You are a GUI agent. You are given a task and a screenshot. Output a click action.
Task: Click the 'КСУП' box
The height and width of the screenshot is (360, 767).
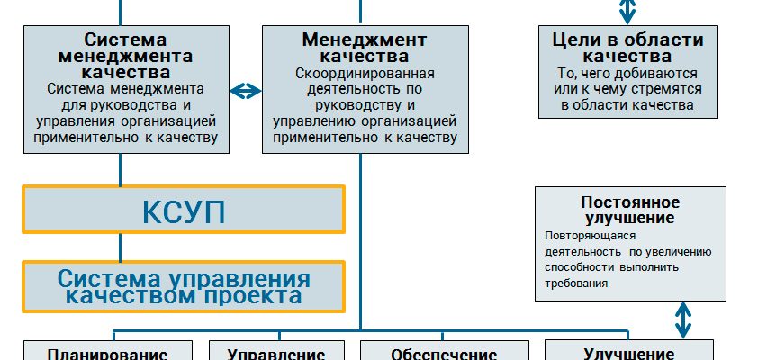pyautogui.click(x=184, y=211)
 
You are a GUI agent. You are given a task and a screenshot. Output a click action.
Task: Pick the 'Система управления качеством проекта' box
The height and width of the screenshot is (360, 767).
pyautogui.click(x=184, y=286)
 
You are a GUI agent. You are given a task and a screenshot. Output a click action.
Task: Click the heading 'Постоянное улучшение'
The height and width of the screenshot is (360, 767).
pyautogui.click(x=630, y=210)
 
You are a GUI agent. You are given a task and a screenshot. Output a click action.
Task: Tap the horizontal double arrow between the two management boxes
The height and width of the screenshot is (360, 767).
pyautogui.click(x=244, y=91)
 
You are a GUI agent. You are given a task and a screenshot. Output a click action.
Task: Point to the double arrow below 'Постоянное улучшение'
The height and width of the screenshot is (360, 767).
pyautogui.click(x=683, y=319)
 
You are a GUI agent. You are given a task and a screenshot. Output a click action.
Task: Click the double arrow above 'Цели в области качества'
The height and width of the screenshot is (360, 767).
pyautogui.click(x=627, y=10)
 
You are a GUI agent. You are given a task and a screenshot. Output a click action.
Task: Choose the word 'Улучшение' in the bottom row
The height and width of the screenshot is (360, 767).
pyautogui.click(x=629, y=354)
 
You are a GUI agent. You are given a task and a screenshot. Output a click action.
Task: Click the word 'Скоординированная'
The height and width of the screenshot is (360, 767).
pyautogui.click(x=365, y=73)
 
